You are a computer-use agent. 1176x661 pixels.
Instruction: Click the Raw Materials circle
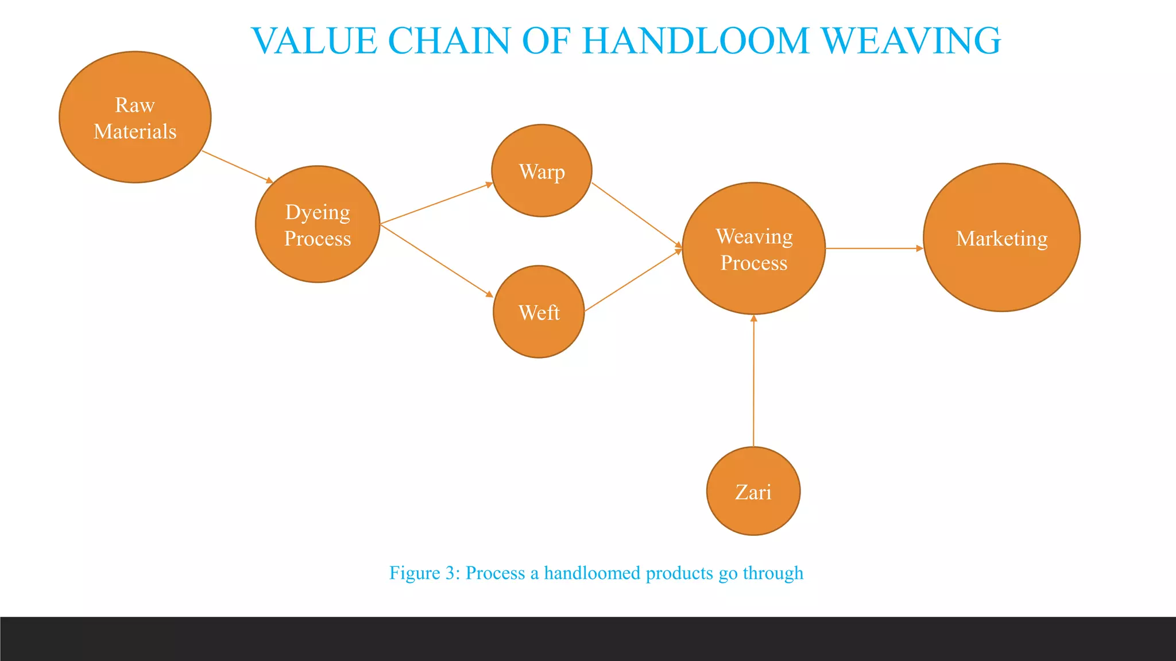coord(135,117)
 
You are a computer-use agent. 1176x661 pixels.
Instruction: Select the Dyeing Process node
coord(318,224)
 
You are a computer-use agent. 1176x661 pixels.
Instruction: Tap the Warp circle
coord(541,170)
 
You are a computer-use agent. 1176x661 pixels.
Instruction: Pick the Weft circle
coord(539,312)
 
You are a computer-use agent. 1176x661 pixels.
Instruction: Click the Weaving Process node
coord(753,248)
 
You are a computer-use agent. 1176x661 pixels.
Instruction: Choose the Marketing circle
coord(1001,238)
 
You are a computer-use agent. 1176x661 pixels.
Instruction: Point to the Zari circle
coord(753,491)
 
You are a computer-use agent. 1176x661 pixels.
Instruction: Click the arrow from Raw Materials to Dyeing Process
coord(237,167)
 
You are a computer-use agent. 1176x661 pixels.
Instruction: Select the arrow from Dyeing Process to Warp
coord(436,203)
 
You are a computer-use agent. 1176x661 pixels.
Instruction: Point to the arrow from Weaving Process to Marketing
coord(874,248)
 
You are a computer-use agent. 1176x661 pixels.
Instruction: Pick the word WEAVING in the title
coord(911,41)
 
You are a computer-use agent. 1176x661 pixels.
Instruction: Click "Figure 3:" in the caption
coord(424,573)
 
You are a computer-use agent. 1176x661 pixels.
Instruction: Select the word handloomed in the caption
coord(592,573)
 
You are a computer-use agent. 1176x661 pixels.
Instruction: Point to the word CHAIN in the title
coord(449,41)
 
